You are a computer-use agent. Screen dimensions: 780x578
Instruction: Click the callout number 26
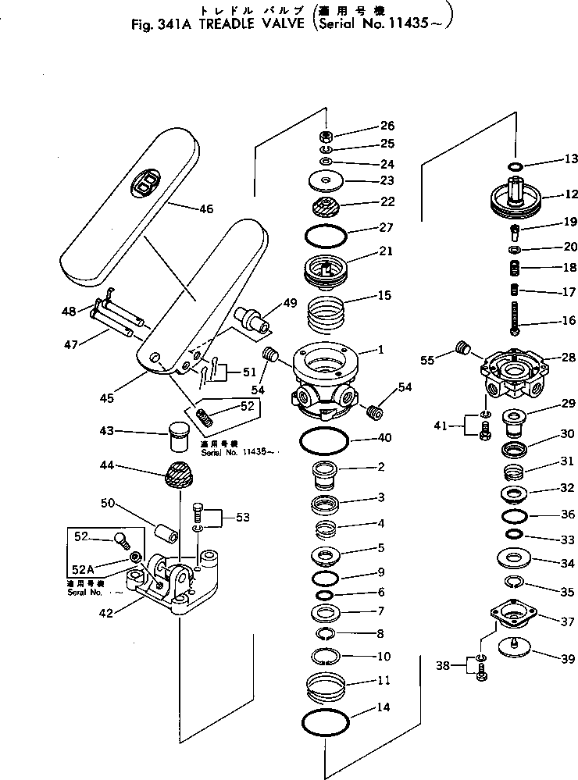pyautogui.click(x=387, y=126)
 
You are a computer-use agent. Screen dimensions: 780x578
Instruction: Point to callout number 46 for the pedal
pyautogui.click(x=206, y=209)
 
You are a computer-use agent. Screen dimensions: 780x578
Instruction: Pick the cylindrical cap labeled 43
pyautogui.click(x=180, y=435)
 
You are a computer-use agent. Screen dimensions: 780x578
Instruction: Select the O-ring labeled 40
pyautogui.click(x=324, y=447)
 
